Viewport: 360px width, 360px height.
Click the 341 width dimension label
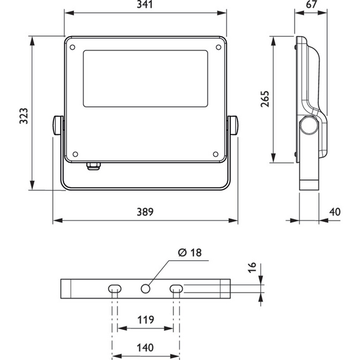pos(145,5)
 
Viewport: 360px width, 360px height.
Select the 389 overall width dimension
pos(145,212)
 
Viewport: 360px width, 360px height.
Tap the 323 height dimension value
pos(23,115)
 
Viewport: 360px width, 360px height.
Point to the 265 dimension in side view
pos(265,98)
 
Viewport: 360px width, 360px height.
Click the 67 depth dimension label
pos(311,5)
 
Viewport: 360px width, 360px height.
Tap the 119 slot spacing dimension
pos(145,319)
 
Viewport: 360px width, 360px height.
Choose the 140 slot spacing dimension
pos(145,347)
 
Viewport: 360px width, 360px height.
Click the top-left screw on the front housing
pos(73,46)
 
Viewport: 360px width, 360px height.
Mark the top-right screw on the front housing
pos(217,46)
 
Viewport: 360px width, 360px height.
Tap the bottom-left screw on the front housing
pos(74,153)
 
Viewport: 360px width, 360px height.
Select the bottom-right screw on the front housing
pos(215,153)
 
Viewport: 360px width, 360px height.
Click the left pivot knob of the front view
pos(56,125)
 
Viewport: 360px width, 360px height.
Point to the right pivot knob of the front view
pos(233,125)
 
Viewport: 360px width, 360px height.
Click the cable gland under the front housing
pos(94,165)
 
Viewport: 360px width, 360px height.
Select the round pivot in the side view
pos(309,126)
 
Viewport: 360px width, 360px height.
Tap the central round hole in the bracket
pos(145,289)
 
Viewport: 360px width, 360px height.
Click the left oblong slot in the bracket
pos(115,289)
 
